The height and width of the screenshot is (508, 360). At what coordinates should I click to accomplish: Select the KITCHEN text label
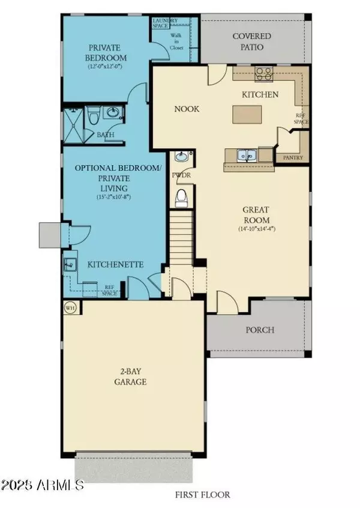tap(260, 94)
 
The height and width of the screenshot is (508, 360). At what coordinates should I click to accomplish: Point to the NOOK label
tap(187, 109)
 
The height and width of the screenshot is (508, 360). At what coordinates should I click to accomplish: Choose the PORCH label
tap(260, 330)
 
